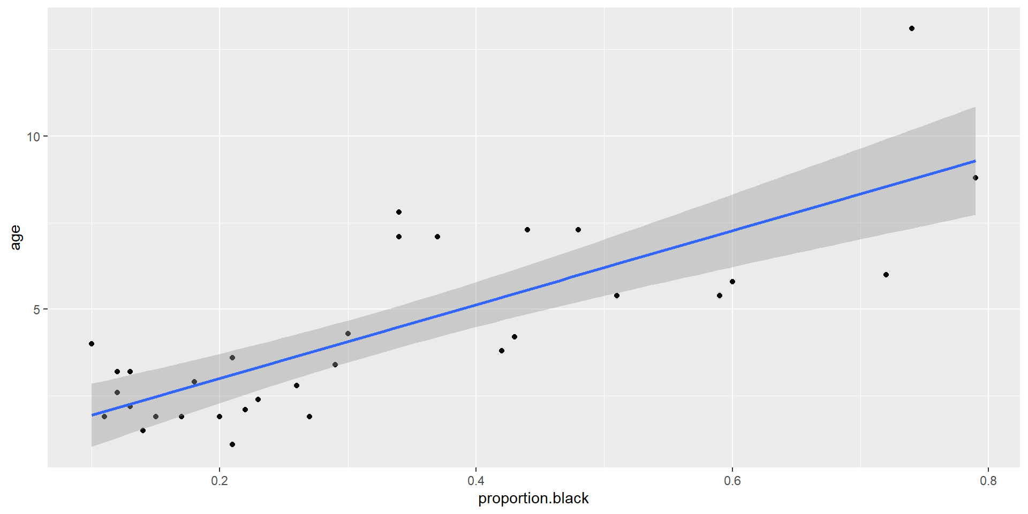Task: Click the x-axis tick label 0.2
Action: (x=220, y=481)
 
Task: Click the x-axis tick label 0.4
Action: (x=476, y=481)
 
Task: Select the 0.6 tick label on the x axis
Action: (x=732, y=481)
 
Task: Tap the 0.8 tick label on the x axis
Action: (x=988, y=481)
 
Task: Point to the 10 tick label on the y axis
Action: (x=34, y=137)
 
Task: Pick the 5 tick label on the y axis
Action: (x=37, y=309)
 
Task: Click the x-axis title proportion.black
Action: (x=533, y=498)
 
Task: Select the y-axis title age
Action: (x=16, y=237)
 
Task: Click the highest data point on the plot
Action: (x=912, y=28)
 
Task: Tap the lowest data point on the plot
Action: (x=232, y=444)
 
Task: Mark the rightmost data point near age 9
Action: (x=976, y=178)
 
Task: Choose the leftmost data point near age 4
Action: (x=92, y=344)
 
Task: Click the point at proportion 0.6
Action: (x=732, y=282)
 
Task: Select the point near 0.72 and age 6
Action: (x=886, y=275)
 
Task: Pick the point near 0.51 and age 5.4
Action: (x=617, y=296)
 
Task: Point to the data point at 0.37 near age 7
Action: (x=437, y=237)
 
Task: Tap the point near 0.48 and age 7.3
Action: (x=578, y=230)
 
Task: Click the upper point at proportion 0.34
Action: (x=399, y=212)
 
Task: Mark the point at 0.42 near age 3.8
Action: (x=502, y=351)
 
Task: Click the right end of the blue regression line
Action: (x=975, y=161)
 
